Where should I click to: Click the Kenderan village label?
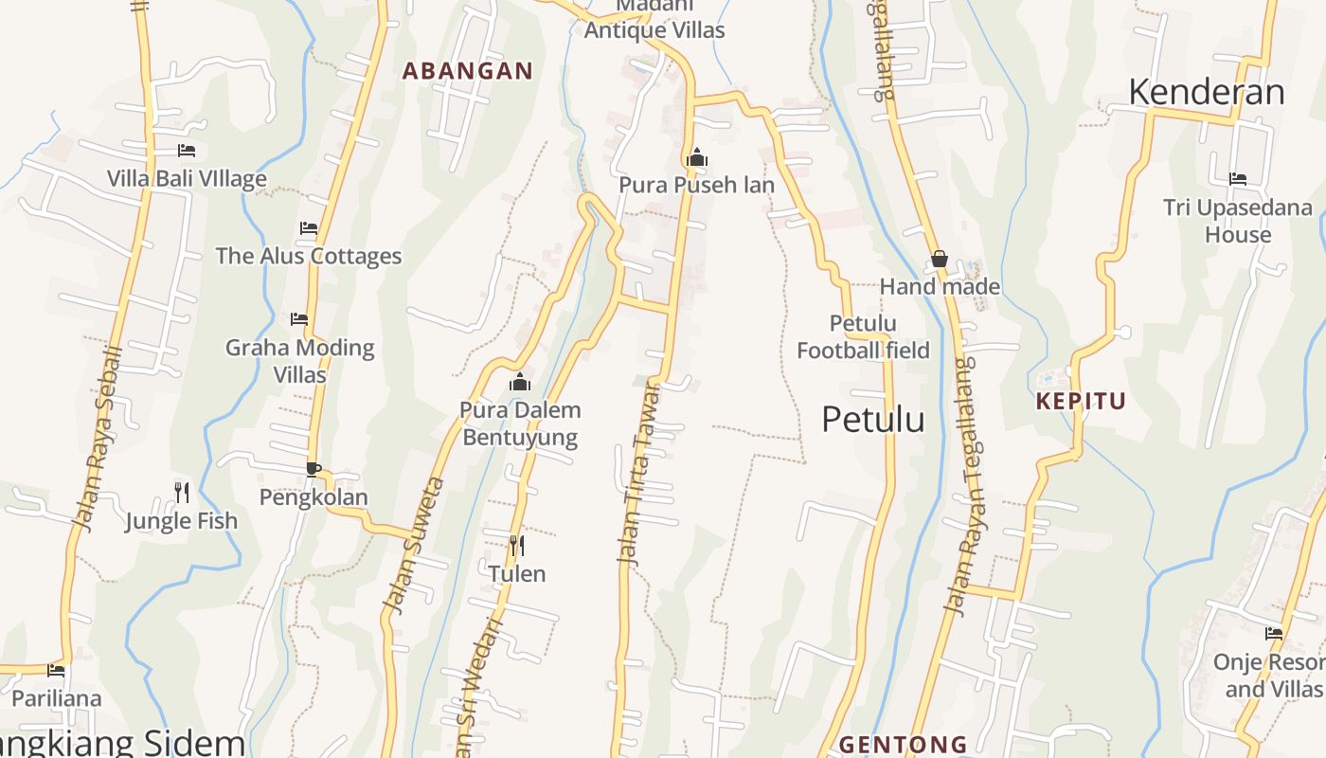1206,92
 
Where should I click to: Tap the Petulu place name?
872,419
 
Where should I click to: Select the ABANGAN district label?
468,71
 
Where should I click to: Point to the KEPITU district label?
1081,401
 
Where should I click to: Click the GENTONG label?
903,744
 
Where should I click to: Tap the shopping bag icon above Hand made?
940,259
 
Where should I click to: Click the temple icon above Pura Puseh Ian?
697,157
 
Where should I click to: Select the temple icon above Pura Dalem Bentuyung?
520,383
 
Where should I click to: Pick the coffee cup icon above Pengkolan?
314,468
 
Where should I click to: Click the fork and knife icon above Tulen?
517,546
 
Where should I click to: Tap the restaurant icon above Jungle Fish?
182,492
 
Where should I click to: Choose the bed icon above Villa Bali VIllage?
187,150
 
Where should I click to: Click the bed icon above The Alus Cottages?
308,227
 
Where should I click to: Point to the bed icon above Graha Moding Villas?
299,319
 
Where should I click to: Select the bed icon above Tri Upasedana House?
1237,178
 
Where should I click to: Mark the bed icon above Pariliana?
56,671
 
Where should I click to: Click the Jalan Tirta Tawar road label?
639,474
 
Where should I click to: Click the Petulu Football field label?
863,337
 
